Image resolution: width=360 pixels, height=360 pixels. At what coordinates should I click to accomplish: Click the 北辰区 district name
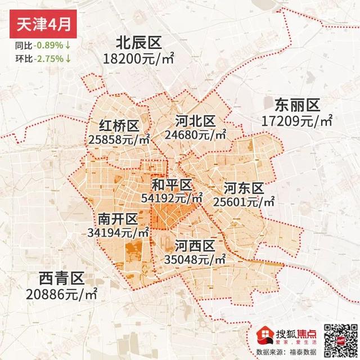138,43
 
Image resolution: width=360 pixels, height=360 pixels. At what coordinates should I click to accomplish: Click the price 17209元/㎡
297,120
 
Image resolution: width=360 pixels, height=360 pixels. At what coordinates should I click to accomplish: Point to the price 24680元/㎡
195,135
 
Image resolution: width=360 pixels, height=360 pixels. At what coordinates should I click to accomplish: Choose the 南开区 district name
118,218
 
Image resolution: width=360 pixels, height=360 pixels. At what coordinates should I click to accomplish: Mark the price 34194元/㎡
118,232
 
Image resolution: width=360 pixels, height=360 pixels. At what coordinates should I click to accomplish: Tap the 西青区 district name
61,278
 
